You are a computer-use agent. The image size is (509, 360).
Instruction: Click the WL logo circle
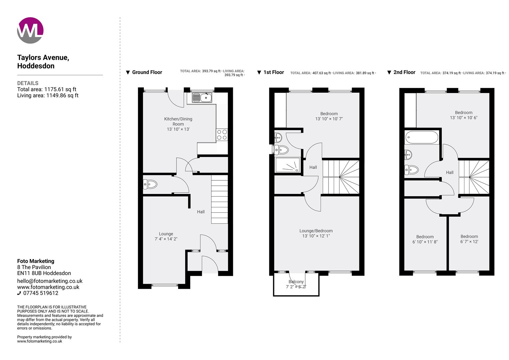point(30,30)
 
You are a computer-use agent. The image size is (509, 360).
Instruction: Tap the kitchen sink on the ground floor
point(202,98)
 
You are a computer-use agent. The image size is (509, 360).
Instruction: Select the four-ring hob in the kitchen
point(222,135)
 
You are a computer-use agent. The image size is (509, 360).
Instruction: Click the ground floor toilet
point(150,184)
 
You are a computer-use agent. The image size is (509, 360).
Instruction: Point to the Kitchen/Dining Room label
point(178,124)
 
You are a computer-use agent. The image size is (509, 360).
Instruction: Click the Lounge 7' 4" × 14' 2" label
point(166,236)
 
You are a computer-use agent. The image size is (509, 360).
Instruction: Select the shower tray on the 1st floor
point(288,165)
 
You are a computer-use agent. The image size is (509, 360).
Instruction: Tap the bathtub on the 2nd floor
point(422,137)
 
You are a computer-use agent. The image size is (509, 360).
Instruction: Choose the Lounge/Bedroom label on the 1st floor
point(316,233)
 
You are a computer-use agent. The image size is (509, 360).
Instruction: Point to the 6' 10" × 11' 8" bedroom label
point(425,239)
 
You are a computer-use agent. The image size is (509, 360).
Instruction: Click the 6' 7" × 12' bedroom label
point(469,239)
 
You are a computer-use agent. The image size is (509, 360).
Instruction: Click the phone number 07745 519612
point(40,293)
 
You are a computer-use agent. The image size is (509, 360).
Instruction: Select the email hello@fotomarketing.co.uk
point(50,281)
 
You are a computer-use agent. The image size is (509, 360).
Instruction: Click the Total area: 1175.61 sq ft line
point(47,89)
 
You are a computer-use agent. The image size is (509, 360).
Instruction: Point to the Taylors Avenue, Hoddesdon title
point(43,62)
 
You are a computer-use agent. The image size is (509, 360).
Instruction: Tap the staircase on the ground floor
point(220,200)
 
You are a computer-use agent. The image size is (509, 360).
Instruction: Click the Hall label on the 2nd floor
point(450,172)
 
